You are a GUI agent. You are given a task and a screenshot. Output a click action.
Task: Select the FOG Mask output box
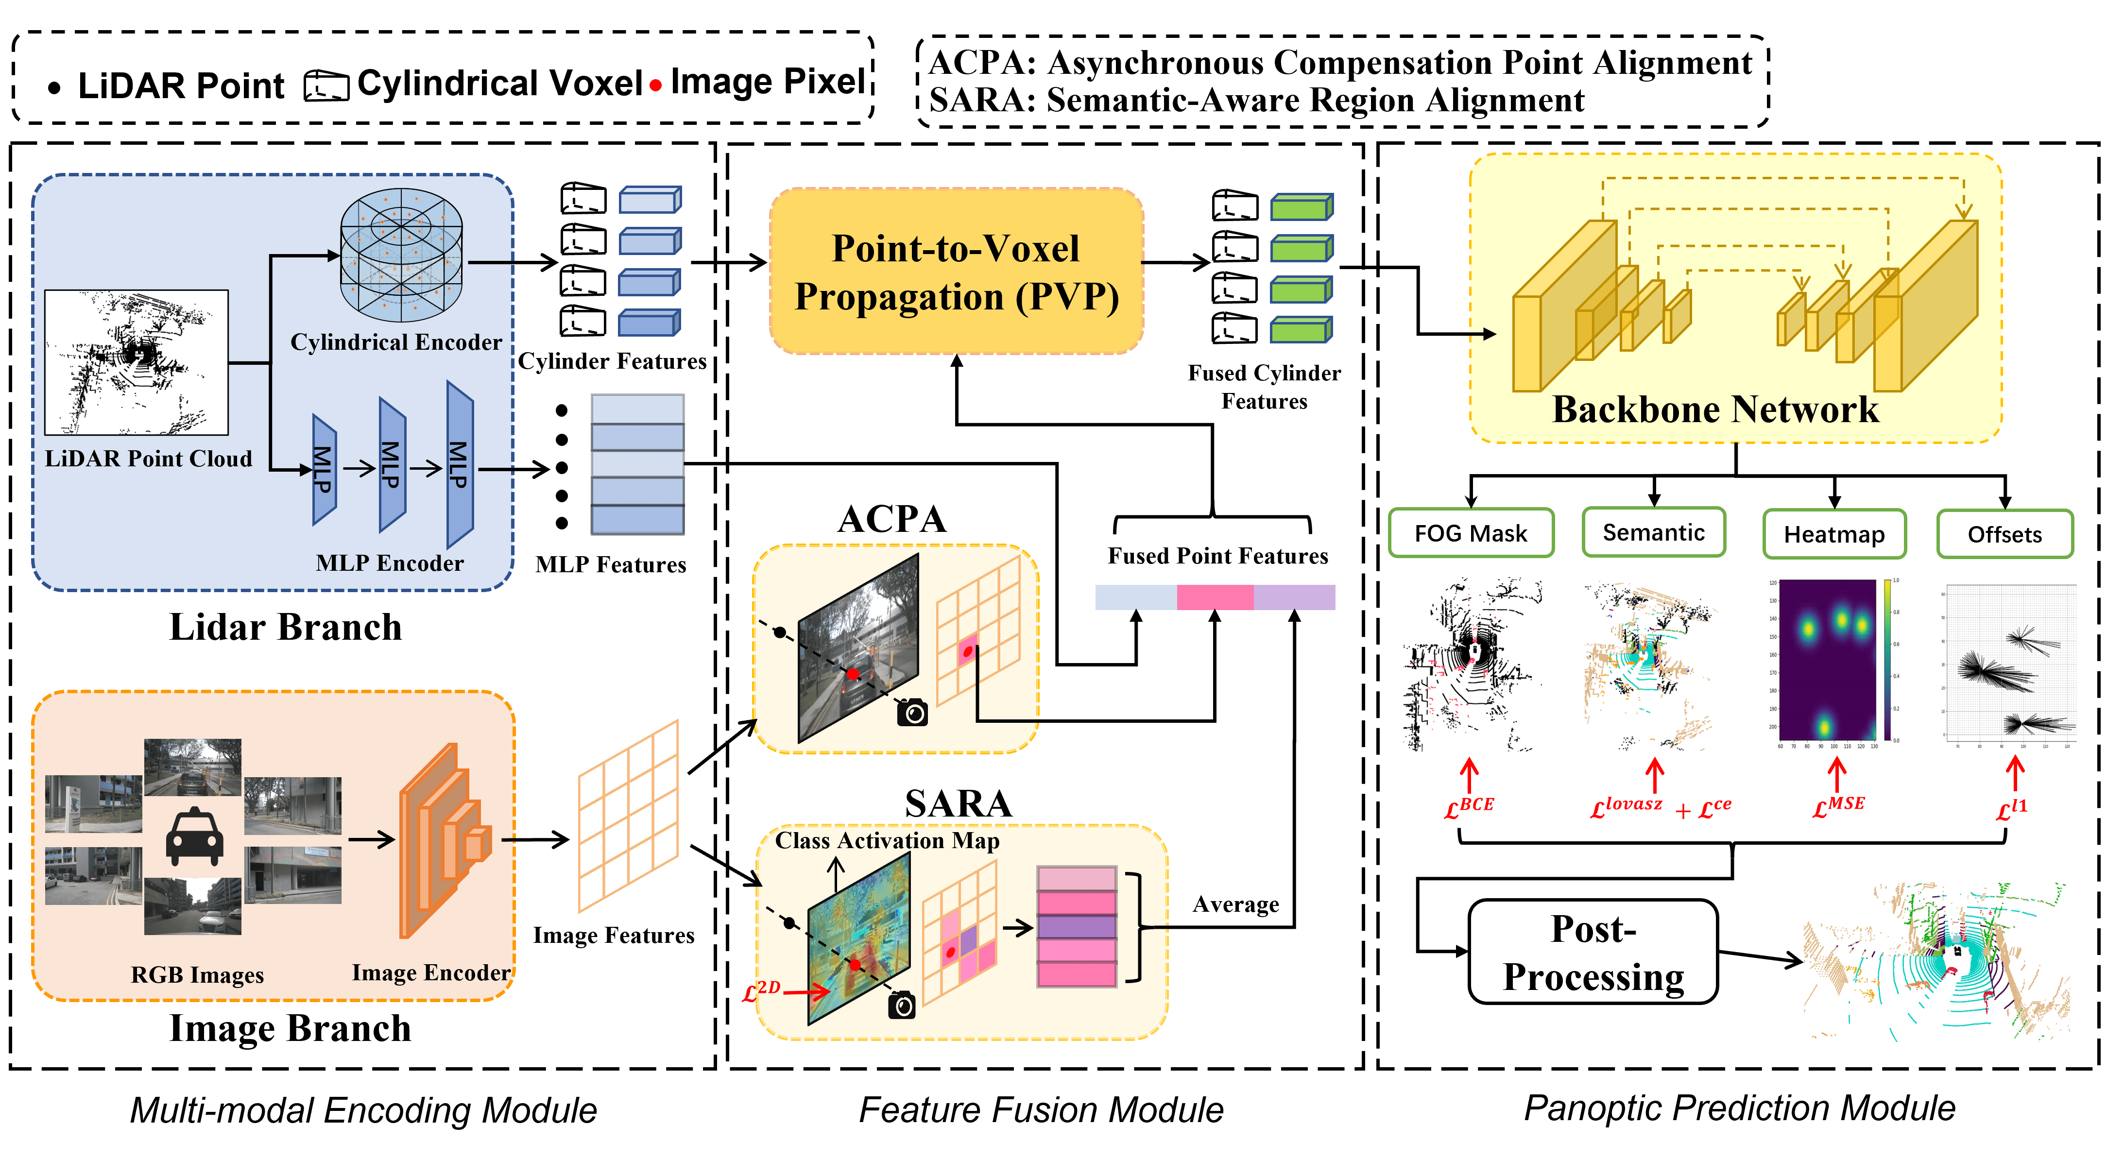(1471, 533)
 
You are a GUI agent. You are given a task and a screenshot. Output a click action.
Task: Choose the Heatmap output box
(1834, 534)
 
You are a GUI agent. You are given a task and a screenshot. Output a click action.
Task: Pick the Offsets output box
(2004, 534)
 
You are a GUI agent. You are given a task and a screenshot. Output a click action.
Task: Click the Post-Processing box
(1593, 952)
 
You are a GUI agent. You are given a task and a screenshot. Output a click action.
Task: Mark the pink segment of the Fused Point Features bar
(1215, 597)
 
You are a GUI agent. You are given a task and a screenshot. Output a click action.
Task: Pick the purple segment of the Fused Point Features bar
(1294, 597)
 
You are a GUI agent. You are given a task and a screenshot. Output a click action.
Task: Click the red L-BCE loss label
(1469, 807)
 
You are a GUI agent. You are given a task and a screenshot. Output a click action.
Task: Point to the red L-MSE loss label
(1838, 806)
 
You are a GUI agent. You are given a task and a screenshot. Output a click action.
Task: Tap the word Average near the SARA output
(1235, 904)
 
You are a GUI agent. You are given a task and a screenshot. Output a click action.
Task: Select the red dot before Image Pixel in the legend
(655, 85)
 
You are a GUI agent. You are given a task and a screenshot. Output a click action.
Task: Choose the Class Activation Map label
(887, 840)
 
